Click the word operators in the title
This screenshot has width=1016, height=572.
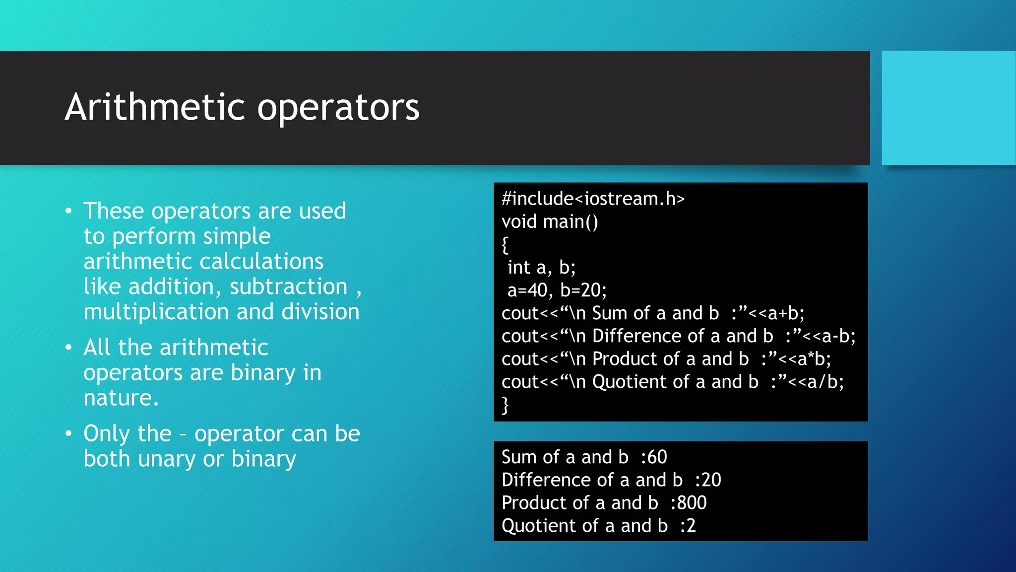(338, 108)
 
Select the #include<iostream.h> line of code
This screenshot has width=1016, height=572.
(593, 199)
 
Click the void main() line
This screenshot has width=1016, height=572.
(550, 221)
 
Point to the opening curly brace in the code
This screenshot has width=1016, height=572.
(505, 245)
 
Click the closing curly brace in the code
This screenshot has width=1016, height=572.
(505, 405)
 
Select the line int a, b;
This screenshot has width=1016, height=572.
(541, 268)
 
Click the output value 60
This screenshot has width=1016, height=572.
(657, 457)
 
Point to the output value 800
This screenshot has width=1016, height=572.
(692, 503)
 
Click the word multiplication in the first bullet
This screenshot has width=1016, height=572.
(156, 312)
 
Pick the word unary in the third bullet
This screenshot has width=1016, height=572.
(167, 459)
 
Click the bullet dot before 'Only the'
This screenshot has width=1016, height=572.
(68, 433)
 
